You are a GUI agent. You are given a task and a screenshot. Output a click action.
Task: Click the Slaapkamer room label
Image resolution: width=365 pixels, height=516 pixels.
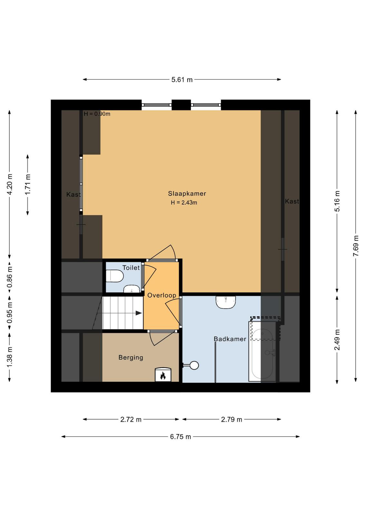[187, 193]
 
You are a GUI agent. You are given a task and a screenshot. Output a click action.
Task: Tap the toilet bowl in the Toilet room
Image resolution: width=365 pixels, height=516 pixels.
[115, 276]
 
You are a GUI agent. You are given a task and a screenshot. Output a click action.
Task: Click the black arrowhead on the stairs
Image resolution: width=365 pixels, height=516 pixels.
[138, 313]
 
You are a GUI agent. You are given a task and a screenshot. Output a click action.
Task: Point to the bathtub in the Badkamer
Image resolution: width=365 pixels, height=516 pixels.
[262, 351]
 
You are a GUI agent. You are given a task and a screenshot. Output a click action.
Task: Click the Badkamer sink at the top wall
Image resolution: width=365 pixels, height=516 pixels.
[226, 302]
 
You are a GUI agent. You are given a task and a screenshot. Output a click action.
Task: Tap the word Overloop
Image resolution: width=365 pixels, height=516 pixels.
[162, 295]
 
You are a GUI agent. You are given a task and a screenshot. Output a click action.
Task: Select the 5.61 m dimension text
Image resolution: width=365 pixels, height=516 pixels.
[182, 80]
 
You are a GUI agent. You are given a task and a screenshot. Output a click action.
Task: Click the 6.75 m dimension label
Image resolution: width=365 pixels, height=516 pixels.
[181, 437]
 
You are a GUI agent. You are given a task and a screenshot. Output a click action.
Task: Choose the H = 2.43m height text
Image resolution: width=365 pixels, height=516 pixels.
[184, 203]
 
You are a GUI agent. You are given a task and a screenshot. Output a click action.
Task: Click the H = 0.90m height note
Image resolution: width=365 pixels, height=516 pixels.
[97, 114]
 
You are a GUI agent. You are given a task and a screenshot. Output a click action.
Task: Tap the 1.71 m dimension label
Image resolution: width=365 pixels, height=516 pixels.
[28, 184]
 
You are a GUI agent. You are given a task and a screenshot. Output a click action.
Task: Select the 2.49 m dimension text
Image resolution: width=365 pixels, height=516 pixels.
[337, 340]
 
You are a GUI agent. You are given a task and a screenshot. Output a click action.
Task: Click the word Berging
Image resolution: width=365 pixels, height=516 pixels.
[131, 358]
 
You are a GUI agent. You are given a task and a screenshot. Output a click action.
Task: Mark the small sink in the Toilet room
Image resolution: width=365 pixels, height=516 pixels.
[132, 289]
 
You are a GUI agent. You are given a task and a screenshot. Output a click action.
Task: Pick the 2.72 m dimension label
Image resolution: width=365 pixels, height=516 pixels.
[131, 420]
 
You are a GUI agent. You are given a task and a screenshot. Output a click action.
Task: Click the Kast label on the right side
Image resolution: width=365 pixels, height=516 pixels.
[292, 201]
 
